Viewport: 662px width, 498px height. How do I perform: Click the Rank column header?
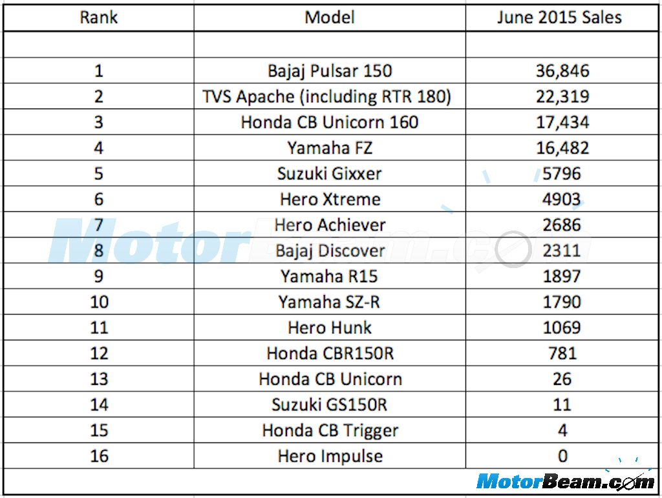99,17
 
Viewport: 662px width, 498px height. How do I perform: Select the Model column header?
330,17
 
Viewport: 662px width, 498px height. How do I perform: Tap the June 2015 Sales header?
559,17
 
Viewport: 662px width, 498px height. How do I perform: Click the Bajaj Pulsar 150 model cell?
330,70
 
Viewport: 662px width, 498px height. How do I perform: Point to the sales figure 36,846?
562,70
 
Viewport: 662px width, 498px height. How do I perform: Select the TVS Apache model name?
326,96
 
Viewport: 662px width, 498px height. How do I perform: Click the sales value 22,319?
562,96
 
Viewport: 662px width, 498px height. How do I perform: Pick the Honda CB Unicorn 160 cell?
330,122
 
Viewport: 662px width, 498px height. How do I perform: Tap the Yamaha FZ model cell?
330,148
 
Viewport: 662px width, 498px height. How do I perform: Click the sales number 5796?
562,174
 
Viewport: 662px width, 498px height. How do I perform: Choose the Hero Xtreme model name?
330,199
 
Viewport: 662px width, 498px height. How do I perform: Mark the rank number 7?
99,225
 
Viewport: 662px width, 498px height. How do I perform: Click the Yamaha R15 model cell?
330,276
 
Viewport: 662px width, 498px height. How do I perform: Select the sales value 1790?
562,302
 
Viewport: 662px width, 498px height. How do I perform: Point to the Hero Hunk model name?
330,327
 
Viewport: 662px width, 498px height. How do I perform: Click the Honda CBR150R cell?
330,353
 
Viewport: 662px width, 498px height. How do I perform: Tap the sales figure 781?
562,353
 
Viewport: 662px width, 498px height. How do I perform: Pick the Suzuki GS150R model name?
330,405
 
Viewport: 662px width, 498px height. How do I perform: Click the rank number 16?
99,456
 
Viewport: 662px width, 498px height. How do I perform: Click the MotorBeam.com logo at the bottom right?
564,481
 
